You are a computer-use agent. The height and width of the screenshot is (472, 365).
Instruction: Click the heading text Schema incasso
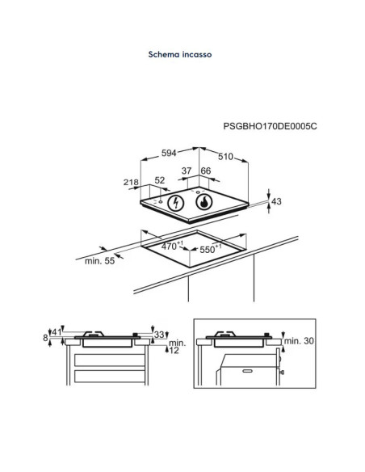tap(180, 54)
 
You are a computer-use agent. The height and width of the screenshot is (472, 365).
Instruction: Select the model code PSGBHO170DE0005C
tap(270, 126)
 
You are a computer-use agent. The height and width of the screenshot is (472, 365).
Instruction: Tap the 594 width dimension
tap(169, 153)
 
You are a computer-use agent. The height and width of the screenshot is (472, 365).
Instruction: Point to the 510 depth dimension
tap(225, 157)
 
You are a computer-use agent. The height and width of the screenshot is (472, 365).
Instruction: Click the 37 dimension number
tap(187, 171)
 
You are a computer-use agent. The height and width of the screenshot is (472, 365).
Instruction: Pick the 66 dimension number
tap(206, 171)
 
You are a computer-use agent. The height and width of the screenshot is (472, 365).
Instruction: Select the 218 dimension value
tap(131, 182)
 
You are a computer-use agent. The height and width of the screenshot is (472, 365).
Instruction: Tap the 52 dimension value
tap(160, 180)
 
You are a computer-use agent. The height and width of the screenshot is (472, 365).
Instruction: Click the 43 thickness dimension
tap(276, 201)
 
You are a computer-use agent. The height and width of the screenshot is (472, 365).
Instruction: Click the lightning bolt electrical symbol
tap(175, 203)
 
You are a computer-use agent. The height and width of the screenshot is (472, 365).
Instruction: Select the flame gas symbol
tap(204, 202)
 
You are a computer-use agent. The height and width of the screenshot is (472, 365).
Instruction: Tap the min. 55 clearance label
tap(99, 261)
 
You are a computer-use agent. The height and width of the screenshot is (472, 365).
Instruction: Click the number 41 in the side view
tap(57, 332)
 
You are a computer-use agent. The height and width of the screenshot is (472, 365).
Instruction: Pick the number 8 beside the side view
tap(45, 338)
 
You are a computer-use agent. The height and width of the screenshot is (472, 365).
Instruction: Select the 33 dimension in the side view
tap(159, 334)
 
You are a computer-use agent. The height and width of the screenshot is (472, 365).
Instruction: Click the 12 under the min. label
tap(174, 350)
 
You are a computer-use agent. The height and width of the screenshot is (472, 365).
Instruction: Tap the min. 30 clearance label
tap(299, 341)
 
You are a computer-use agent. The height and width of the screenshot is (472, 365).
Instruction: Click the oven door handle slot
tap(247, 371)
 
